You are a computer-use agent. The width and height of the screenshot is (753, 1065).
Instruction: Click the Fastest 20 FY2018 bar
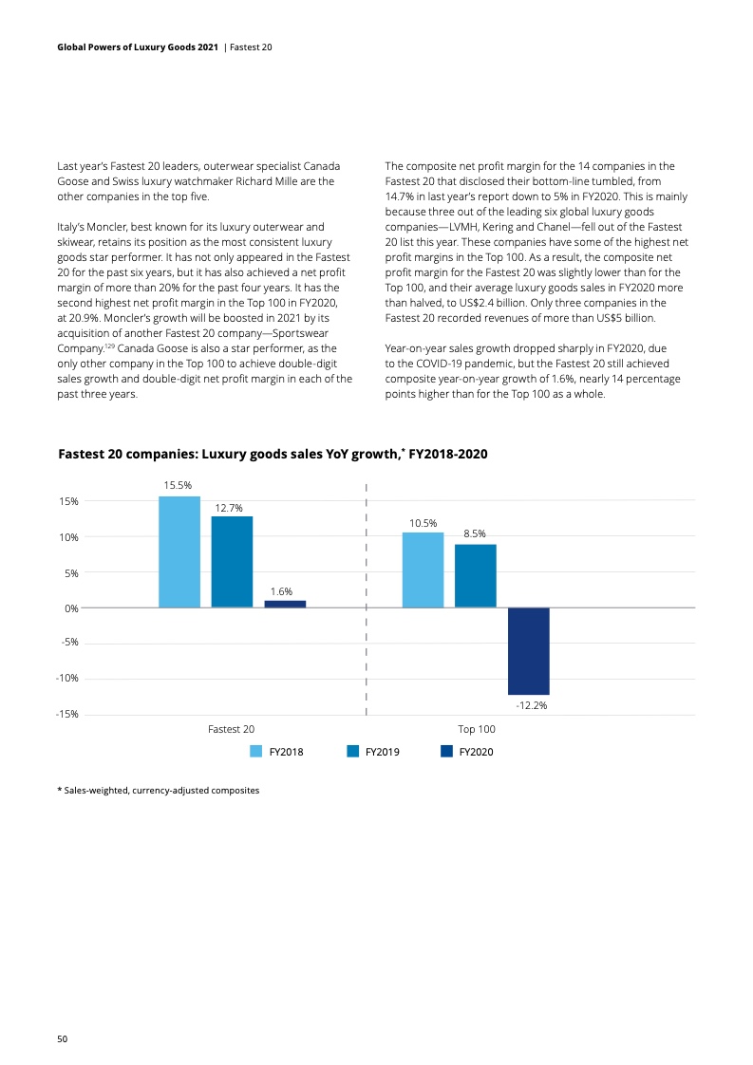click(179, 551)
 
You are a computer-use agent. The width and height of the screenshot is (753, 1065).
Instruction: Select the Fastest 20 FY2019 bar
click(232, 561)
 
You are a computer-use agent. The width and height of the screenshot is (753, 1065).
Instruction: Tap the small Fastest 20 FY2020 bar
click(285, 604)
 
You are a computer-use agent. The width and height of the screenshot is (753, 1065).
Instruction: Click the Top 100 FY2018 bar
click(423, 570)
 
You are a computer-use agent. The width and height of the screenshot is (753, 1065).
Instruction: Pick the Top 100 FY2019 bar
click(475, 575)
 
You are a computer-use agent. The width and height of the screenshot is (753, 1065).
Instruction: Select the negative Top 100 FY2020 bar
click(528, 651)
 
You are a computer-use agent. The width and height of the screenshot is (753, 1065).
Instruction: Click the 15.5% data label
click(178, 485)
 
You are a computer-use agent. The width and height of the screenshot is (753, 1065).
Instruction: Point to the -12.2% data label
click(532, 706)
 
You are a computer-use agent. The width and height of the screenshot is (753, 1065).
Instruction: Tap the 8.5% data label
click(475, 534)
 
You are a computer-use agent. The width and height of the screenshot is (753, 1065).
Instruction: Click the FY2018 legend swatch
click(255, 752)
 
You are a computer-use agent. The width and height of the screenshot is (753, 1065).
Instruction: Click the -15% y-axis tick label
click(66, 714)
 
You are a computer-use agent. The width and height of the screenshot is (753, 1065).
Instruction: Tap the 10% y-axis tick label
click(68, 537)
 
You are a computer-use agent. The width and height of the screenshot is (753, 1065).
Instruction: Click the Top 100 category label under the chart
click(477, 729)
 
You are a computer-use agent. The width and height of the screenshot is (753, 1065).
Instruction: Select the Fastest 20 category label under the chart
click(232, 729)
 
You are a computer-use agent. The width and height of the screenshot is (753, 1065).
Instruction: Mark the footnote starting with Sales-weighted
click(159, 790)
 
